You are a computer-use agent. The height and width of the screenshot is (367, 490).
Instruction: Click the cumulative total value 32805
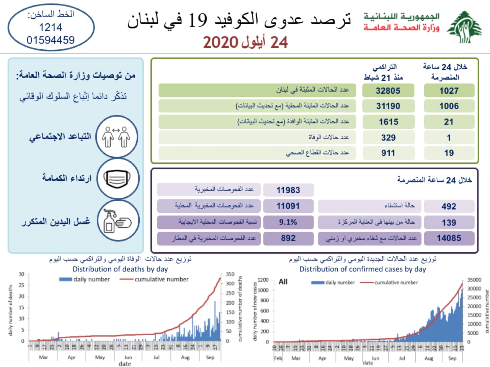pyautogui.click(x=388, y=91)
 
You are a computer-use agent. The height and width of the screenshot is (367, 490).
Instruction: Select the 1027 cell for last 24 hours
pyautogui.click(x=449, y=91)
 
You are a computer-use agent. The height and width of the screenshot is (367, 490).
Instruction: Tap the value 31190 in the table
pyautogui.click(x=388, y=106)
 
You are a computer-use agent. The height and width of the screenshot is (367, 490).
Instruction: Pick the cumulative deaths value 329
pyautogui.click(x=388, y=138)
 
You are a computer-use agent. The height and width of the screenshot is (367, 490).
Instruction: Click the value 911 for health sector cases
pyautogui.click(x=388, y=153)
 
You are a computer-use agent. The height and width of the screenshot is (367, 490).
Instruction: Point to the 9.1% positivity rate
pyautogui.click(x=288, y=222)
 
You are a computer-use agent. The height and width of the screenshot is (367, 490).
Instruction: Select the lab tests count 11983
pyautogui.click(x=288, y=190)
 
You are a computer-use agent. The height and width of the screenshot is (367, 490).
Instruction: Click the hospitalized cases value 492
pyautogui.click(x=449, y=206)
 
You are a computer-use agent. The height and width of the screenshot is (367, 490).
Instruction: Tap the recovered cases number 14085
pyautogui.click(x=449, y=238)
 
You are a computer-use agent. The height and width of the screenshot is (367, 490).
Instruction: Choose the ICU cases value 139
pyautogui.click(x=449, y=222)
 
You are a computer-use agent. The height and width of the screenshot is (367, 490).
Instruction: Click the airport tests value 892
pyautogui.click(x=288, y=238)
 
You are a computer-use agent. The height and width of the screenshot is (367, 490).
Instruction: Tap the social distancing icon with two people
pyautogui.click(x=117, y=137)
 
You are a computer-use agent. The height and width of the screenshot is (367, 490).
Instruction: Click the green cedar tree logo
pyautogui.click(x=465, y=27)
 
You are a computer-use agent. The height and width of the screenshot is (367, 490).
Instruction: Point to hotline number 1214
pyautogui.click(x=51, y=27)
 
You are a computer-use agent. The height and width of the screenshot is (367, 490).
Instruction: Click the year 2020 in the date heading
pyautogui.click(x=221, y=42)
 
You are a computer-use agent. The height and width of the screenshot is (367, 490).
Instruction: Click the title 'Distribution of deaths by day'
pyautogui.click(x=120, y=269)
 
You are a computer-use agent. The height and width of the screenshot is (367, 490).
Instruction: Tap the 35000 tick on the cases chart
pyautogui.click(x=474, y=280)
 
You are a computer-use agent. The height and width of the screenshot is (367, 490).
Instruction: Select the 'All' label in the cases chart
pyautogui.click(x=283, y=282)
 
